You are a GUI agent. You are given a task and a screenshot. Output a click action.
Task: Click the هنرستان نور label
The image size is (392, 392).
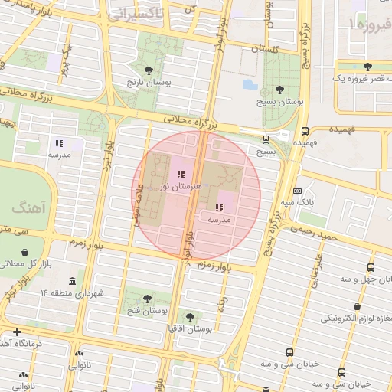(x=180, y=186)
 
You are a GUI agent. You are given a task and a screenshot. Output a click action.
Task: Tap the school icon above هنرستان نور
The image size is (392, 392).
(x=180, y=175)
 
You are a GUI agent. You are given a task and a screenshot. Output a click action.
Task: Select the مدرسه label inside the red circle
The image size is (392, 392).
(x=220, y=219)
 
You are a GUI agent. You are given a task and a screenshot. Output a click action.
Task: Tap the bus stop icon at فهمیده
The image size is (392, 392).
(x=305, y=130)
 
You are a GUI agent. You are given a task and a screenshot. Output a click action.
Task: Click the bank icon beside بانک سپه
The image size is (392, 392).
(x=297, y=191)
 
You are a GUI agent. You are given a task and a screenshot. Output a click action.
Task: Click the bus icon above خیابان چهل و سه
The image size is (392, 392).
(x=371, y=267)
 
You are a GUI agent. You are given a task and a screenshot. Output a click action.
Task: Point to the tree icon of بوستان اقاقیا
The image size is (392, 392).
(x=190, y=316)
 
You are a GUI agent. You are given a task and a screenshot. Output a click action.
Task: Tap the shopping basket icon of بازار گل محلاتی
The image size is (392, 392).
(x=25, y=252)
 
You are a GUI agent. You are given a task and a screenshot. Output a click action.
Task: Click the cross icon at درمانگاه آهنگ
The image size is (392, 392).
(x=17, y=332)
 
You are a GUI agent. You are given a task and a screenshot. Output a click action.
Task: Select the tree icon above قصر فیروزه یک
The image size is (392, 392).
(x=368, y=67)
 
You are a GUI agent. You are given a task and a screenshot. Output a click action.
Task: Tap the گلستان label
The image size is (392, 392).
(x=264, y=47)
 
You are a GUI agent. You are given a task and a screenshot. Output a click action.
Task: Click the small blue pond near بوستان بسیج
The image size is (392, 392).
(x=250, y=84)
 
